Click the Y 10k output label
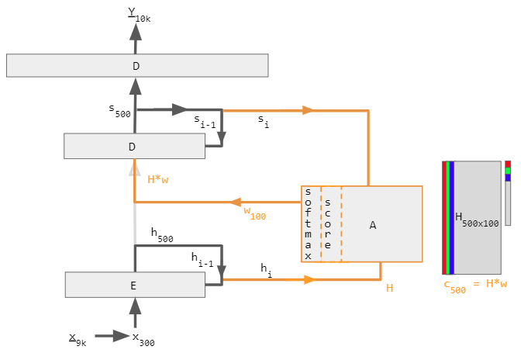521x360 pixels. (x=140, y=15)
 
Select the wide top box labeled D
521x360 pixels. (x=137, y=65)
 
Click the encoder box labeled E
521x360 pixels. (x=135, y=285)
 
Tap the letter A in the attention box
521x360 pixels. (x=373, y=225)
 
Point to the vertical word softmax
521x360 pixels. (x=308, y=224)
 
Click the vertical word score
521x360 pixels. (x=328, y=223)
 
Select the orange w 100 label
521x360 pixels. (x=255, y=213)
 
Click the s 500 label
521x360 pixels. (x=119, y=111)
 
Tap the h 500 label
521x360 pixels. (x=162, y=234)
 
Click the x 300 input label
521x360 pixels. (x=143, y=340)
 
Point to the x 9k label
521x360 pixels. (x=78, y=340)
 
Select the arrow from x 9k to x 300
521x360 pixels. (x=112, y=336)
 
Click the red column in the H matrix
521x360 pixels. (x=444, y=218)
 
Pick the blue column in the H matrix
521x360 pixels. (x=451, y=218)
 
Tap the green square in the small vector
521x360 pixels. (x=508, y=171)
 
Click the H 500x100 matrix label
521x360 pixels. (x=477, y=220)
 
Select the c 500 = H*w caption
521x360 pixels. (x=475, y=286)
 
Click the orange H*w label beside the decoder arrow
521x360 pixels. (x=158, y=179)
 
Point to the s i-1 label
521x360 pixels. (x=205, y=121)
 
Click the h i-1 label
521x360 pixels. (x=202, y=260)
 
